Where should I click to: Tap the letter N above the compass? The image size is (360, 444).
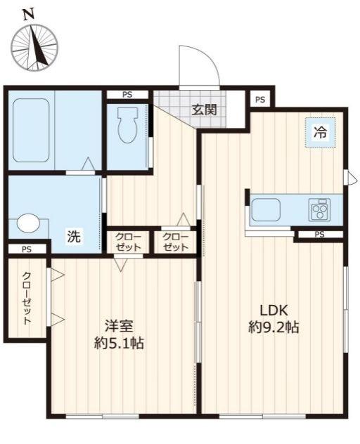coord(28,13)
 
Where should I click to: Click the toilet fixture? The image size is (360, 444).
coord(127,126)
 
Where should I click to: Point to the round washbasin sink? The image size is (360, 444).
coord(28,223)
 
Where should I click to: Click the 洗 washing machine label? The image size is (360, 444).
coord(74,237)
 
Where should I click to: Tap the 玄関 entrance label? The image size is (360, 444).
coord(204,109)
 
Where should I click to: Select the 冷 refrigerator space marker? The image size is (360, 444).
coord(320,131)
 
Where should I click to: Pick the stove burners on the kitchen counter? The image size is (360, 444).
coord(320,209)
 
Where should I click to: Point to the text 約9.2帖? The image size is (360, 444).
coord(274,327)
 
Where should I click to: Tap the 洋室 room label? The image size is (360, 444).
coord(119,325)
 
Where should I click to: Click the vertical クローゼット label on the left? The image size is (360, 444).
coord(27,298)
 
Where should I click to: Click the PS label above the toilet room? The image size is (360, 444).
coord(127,95)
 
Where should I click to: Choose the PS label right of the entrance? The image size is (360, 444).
coord(260,100)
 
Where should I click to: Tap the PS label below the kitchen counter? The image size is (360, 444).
coord(319,235)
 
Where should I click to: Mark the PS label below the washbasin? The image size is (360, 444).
coord(26,249)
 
